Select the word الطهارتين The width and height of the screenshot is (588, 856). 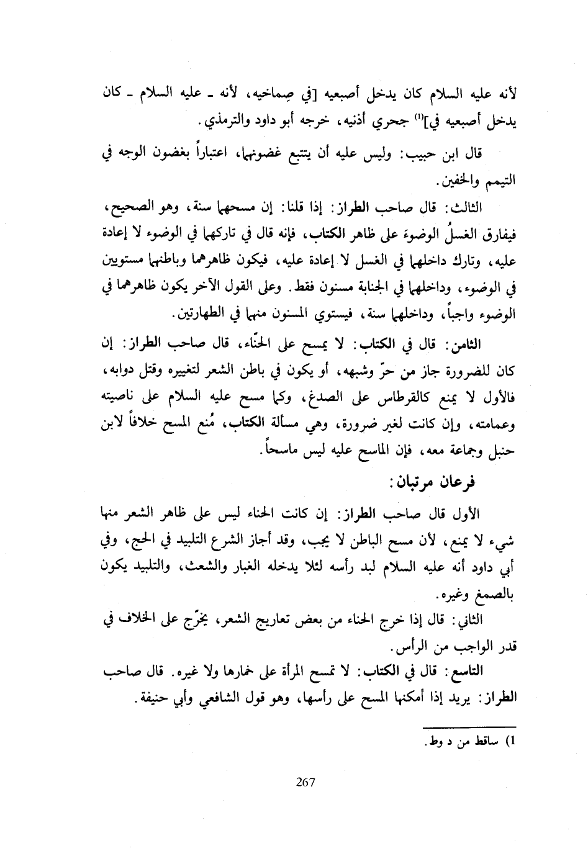(205, 315)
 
